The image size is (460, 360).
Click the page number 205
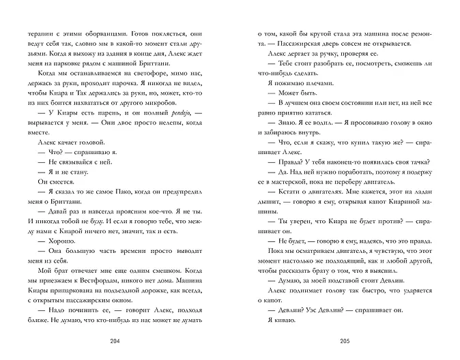[x=345, y=341]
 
